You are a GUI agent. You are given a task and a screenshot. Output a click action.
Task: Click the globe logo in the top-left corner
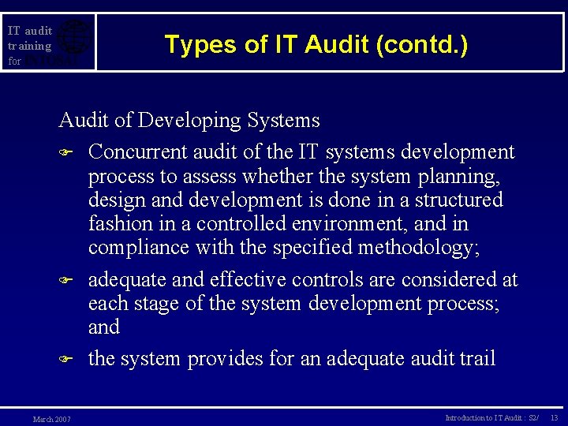tap(74, 39)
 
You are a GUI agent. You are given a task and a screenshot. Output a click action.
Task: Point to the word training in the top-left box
tap(30, 46)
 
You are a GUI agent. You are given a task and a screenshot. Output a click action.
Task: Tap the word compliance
tap(138, 248)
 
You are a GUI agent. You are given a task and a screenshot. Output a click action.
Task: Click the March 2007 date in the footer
tap(51, 419)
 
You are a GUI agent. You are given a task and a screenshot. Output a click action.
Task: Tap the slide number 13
tap(554, 417)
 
